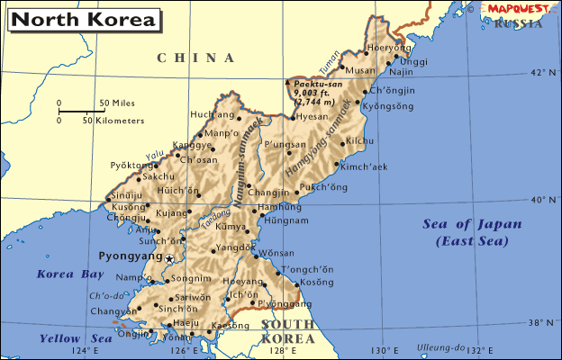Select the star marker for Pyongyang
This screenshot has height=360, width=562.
pyautogui.click(x=168, y=259)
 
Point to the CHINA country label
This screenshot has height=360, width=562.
pyautogui.click(x=196, y=58)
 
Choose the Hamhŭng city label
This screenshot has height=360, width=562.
pyautogui.click(x=280, y=207)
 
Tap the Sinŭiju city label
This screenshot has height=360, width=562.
pyautogui.click(x=127, y=194)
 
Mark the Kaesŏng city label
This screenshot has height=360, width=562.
pyautogui.click(x=231, y=325)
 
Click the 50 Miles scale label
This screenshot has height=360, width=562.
pyautogui.click(x=116, y=103)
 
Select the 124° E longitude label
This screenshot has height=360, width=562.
pyautogui.click(x=84, y=351)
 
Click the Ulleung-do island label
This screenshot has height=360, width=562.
pyautogui.click(x=440, y=347)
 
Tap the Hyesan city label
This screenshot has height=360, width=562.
pyautogui.click(x=313, y=117)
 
